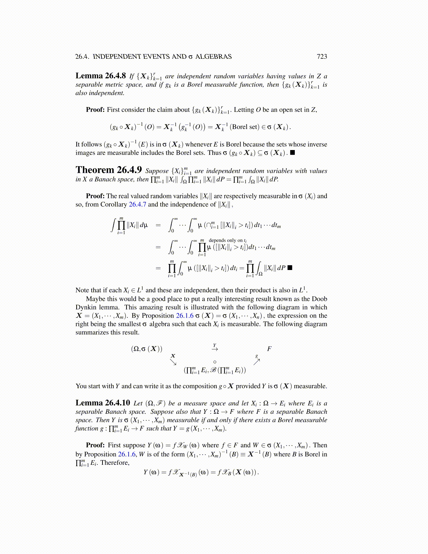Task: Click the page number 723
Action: point(322,57)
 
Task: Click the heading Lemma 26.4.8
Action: point(101,76)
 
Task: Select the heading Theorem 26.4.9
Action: point(109,170)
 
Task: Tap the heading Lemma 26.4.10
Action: point(103,403)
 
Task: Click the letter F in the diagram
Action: point(269,349)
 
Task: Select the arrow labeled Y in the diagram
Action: point(215,348)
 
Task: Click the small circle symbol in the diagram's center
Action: point(215,362)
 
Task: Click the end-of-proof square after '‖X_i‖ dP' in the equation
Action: point(290,268)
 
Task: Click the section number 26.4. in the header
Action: point(82,57)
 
